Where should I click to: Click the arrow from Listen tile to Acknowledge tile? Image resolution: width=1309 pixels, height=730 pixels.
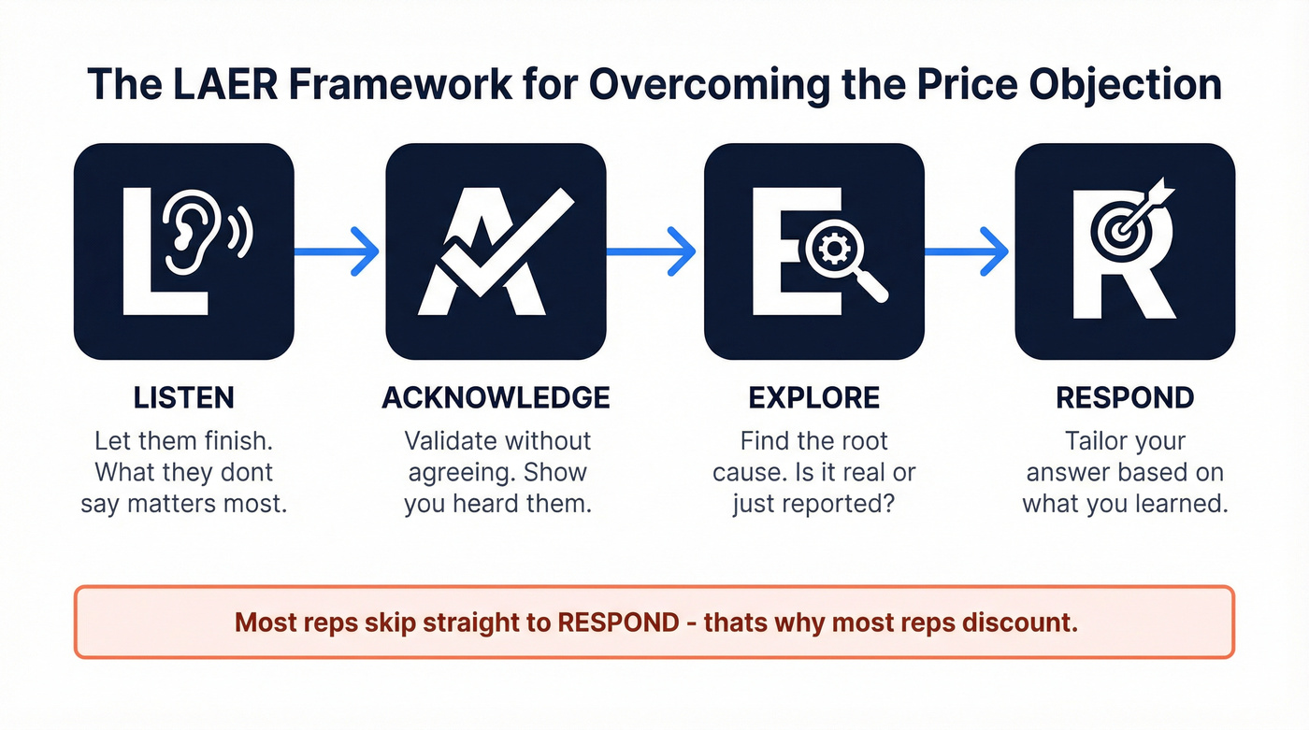coord(337,251)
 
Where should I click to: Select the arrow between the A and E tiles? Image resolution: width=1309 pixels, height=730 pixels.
coord(652,251)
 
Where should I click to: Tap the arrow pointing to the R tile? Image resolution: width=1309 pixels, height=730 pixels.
coord(967,251)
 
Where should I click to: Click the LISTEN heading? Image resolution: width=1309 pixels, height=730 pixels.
coord(184,397)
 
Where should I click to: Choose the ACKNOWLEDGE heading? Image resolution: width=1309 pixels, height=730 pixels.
coord(496,397)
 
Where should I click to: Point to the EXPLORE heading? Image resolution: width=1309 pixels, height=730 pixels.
coord(813,397)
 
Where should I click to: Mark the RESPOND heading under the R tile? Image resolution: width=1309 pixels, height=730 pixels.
coord(1125,397)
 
